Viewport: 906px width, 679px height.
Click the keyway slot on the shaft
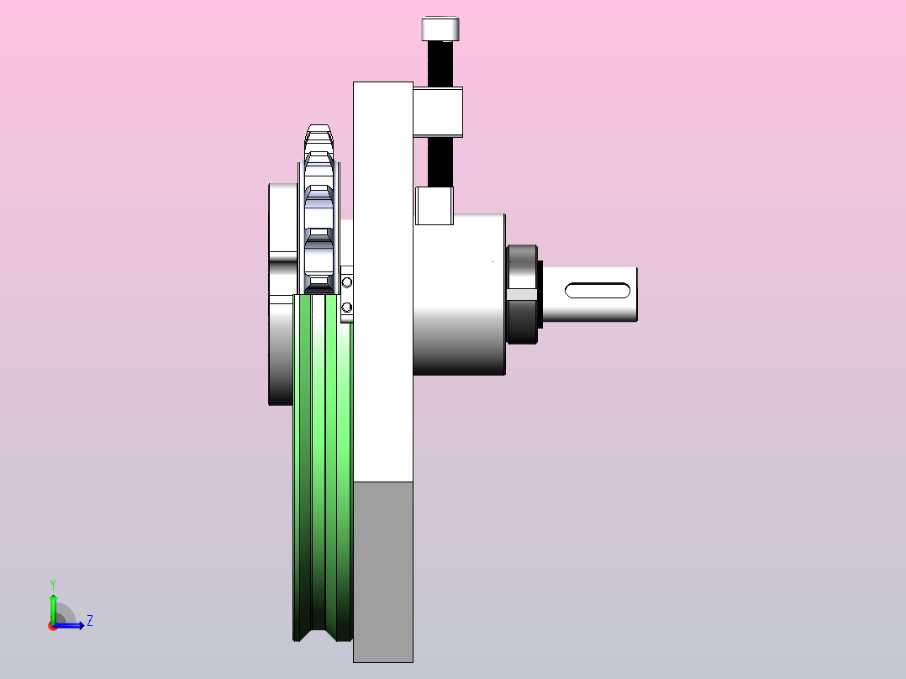pos(598,291)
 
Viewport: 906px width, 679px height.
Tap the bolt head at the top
pos(440,29)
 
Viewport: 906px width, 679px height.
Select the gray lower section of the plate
pos(383,572)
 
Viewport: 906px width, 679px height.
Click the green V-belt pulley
pos(323,468)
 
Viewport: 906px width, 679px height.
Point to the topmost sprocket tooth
pos(319,129)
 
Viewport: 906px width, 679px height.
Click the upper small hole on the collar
pos(346,282)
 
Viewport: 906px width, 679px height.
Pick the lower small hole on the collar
pos(346,308)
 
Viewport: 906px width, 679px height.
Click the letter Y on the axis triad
pos(53,584)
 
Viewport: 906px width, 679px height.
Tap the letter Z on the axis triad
pos(90,621)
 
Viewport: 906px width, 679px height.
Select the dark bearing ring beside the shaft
pos(524,295)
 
